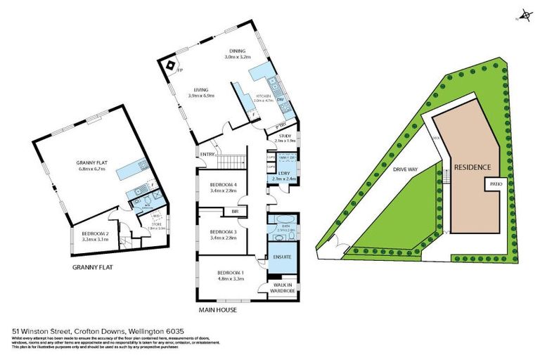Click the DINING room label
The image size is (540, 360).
pos(236,51)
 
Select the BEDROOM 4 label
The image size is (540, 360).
pos(224,185)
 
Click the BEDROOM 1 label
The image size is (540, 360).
pos(230,272)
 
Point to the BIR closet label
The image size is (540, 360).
pos(235,211)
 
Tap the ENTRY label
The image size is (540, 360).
pos(207,155)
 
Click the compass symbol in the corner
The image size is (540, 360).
pos(523,14)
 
